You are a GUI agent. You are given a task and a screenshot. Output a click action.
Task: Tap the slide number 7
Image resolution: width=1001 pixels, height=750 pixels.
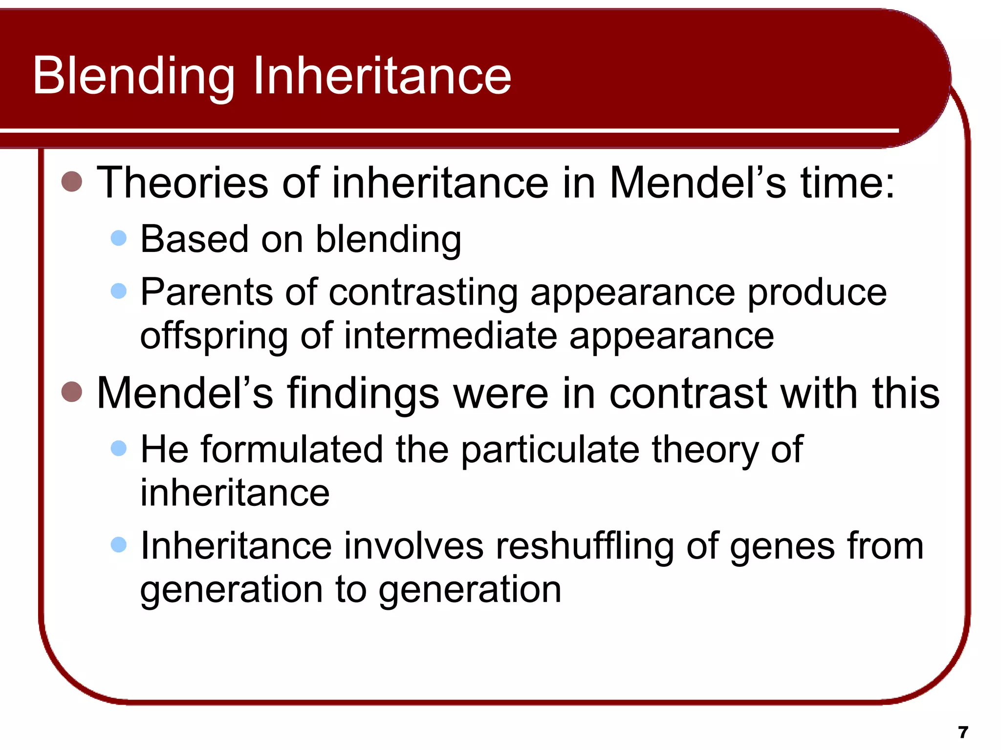[963, 732]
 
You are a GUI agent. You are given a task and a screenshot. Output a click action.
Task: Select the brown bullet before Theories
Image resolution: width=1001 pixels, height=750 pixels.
[72, 182]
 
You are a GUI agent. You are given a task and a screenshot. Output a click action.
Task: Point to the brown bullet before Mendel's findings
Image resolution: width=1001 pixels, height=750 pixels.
[72, 392]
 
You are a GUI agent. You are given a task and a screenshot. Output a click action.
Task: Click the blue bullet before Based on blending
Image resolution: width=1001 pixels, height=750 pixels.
[119, 238]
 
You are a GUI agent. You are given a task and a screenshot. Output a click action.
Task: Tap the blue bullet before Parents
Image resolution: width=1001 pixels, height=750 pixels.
[119, 291]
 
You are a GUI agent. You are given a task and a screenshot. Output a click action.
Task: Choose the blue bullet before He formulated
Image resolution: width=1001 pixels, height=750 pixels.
[119, 448]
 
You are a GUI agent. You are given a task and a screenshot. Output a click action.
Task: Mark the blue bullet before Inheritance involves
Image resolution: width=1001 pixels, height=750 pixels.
[119, 544]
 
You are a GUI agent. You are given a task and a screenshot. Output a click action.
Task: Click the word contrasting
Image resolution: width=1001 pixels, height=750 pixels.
[423, 292]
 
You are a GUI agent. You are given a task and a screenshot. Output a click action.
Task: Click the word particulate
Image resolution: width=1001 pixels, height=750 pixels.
[550, 450]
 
